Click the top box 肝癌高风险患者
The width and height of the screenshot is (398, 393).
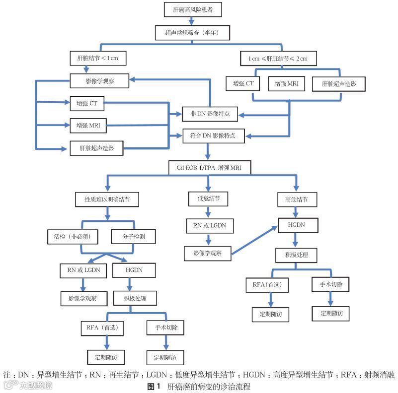[192, 9]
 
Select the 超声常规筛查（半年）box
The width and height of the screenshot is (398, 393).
[192, 33]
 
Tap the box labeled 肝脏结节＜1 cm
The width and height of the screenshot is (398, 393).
[97, 59]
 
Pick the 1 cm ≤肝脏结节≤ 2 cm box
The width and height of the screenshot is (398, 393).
[278, 59]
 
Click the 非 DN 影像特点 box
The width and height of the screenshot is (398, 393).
[210, 114]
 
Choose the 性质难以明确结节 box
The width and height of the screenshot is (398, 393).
[107, 199]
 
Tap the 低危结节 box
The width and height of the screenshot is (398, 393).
[209, 199]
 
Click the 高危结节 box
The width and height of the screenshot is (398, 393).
[295, 200]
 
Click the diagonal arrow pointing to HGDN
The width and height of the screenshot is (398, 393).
[255, 241]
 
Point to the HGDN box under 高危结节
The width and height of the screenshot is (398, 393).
[296, 224]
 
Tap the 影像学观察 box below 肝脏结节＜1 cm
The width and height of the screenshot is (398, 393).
[100, 80]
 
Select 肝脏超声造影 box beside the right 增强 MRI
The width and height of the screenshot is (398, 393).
[338, 84]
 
